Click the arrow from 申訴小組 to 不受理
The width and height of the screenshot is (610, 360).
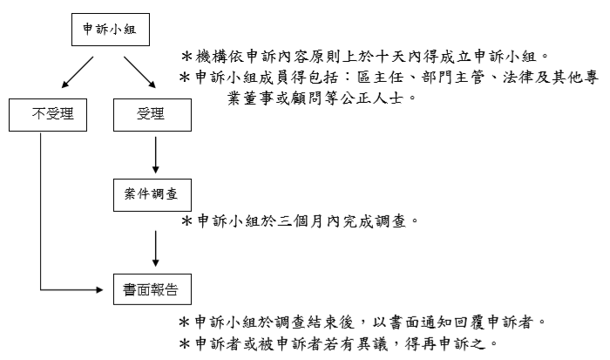tap(78, 72)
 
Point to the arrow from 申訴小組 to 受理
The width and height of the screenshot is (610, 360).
tap(139, 72)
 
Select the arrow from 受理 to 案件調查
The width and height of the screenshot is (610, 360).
tap(156, 155)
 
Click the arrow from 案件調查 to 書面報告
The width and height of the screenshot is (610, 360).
tap(156, 248)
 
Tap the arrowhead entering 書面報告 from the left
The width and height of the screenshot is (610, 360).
tap(99, 289)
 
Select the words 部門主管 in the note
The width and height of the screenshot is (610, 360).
tap(453, 78)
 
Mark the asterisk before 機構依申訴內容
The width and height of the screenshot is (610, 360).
tap(187, 57)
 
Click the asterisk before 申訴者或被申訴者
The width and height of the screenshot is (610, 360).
tap(185, 343)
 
